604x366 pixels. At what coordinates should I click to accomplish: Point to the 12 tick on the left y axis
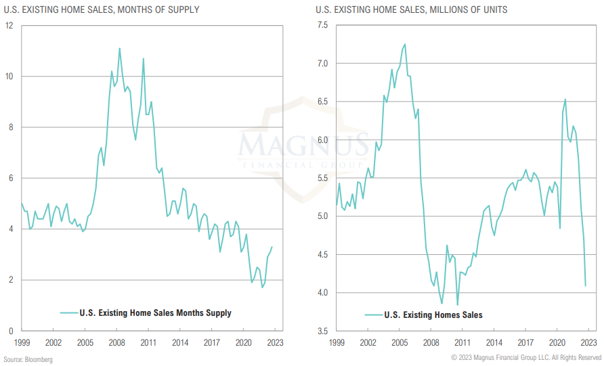click(9, 25)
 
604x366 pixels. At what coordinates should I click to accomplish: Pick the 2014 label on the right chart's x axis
click(494, 343)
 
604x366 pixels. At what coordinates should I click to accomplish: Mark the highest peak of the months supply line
click(120, 48)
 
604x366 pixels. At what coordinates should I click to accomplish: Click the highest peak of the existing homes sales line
click(405, 44)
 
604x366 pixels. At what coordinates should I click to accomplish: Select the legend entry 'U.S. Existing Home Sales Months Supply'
click(155, 312)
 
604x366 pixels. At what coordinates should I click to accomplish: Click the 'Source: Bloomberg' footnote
click(28, 359)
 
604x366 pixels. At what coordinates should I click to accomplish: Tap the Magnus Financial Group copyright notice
click(525, 357)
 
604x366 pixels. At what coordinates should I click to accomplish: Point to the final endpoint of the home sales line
click(585, 285)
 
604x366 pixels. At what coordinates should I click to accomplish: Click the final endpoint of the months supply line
click(272, 247)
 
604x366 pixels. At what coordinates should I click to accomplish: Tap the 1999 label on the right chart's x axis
click(337, 343)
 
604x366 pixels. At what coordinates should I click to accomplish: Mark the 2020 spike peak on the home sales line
click(565, 100)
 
